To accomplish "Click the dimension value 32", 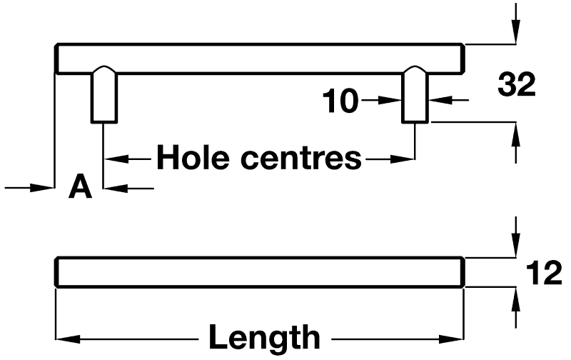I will tap(516, 86).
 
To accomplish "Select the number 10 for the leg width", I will tap(340, 101).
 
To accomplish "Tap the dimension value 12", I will tap(544, 274).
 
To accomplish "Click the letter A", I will tap(81, 188).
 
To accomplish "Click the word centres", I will tap(300, 157).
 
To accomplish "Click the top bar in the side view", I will tap(260, 59).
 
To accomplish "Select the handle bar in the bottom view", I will tap(260, 273).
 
